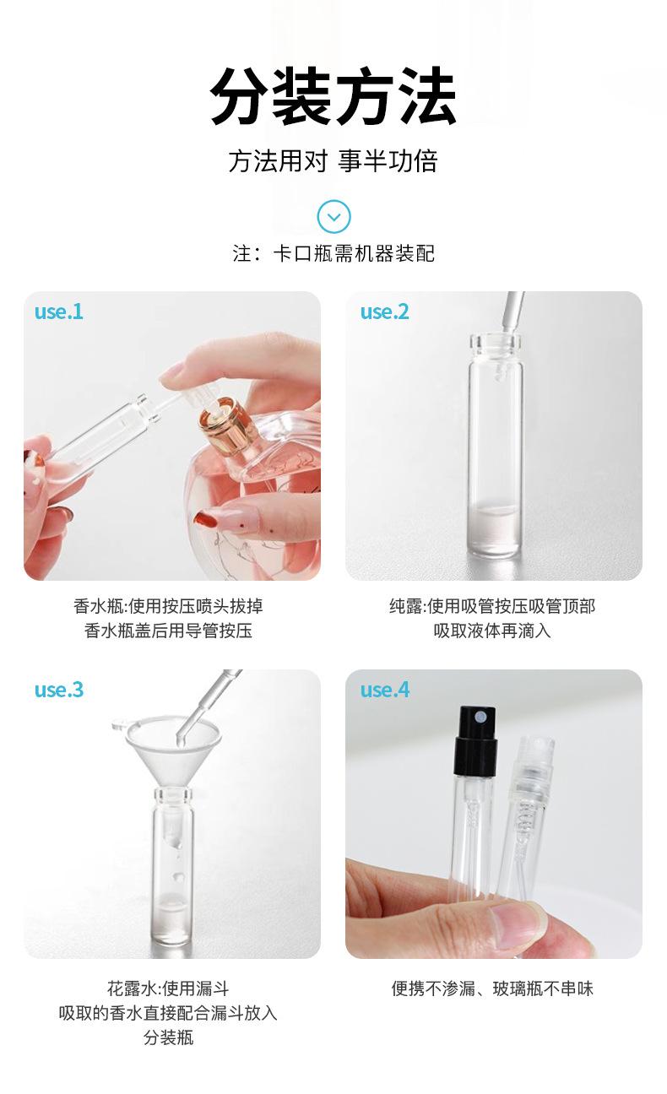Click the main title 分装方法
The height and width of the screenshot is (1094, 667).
(x=333, y=97)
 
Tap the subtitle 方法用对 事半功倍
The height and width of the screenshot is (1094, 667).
(x=333, y=161)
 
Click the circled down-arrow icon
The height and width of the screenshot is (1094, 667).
(x=333, y=217)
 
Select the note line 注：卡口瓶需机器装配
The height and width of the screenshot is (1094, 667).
(x=333, y=253)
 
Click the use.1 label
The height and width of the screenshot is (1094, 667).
(x=59, y=311)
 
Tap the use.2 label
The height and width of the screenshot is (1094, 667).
(x=384, y=311)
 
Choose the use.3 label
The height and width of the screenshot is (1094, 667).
(x=59, y=690)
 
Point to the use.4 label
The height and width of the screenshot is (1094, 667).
(x=384, y=690)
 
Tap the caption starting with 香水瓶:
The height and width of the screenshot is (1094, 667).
(x=172, y=619)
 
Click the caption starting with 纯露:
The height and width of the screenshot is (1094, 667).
(x=493, y=619)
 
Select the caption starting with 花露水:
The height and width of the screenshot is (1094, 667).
(x=168, y=1012)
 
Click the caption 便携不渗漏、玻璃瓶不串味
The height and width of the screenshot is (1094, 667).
(x=493, y=988)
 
